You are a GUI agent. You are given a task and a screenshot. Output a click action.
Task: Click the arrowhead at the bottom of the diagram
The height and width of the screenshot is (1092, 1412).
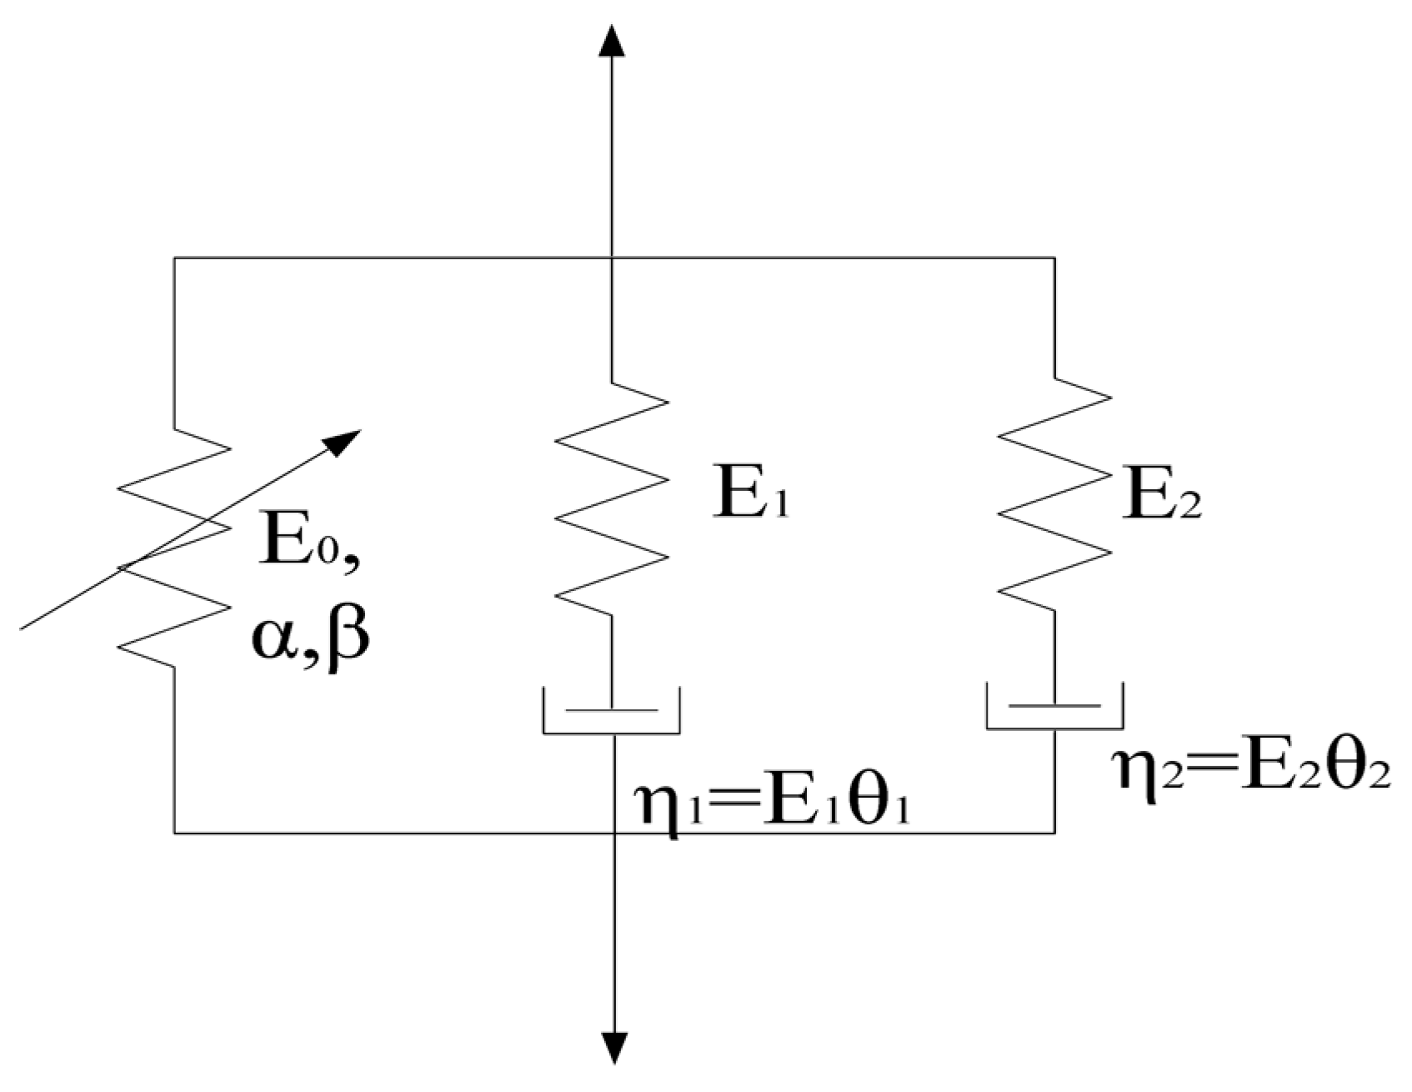pos(614,1049)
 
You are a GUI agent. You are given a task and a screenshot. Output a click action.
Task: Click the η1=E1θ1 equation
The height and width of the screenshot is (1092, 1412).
pos(771,804)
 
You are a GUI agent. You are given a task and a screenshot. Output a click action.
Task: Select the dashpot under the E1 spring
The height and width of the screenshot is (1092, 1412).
pos(612,711)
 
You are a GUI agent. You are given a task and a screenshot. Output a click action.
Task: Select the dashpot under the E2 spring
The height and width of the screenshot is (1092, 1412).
pos(1054,706)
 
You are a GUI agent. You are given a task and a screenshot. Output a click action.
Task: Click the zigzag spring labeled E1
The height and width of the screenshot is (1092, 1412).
pos(613,498)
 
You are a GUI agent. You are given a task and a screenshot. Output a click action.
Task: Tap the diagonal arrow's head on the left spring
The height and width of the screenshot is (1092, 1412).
pos(344,440)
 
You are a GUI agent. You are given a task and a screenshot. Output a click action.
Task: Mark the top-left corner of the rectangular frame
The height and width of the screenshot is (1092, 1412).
pos(174,258)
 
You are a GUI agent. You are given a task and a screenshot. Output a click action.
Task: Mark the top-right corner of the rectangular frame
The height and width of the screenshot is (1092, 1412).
pos(1054,258)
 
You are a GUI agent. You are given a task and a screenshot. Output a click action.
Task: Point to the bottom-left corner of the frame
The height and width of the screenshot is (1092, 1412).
pos(174,832)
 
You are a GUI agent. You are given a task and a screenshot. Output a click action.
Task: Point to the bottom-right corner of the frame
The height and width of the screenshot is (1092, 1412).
pos(1054,832)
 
